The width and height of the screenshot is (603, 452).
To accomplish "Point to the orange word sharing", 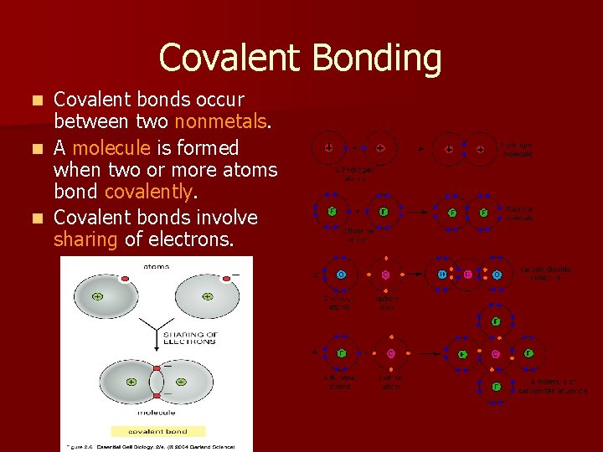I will pyautogui.click(x=85, y=239).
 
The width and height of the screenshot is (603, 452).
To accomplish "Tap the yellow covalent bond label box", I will pyautogui.click(x=157, y=431).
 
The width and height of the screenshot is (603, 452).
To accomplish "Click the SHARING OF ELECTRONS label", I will pyautogui.click(x=190, y=338).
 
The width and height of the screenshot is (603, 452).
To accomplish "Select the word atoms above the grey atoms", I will pyautogui.click(x=157, y=267).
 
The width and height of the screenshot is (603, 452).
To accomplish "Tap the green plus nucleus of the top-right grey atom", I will pyautogui.click(x=207, y=297).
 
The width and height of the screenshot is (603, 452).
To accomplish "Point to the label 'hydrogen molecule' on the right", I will pyautogui.click(x=517, y=150).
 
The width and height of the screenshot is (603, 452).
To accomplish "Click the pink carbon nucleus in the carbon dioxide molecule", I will pyautogui.click(x=468, y=275).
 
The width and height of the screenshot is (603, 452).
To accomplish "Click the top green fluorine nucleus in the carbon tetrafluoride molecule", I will pyautogui.click(x=497, y=321).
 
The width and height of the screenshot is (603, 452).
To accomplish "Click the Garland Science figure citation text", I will pyautogui.click(x=157, y=447).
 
